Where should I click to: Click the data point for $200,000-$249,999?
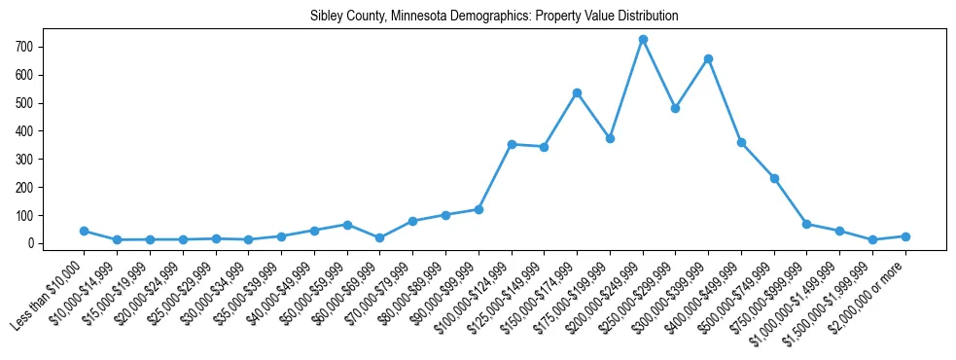pyautogui.click(x=643, y=40)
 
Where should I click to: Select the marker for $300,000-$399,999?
pyautogui.click(x=708, y=59)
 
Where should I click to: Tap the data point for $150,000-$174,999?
pyautogui.click(x=577, y=93)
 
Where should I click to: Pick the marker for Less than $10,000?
pyautogui.click(x=85, y=231)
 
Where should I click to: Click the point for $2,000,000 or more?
pyautogui.click(x=905, y=236)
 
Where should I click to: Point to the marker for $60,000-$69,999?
pyautogui.click(x=379, y=237)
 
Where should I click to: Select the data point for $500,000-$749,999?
pyautogui.click(x=774, y=178)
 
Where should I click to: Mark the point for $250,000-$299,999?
pyautogui.click(x=675, y=109)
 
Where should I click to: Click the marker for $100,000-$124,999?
pyautogui.click(x=512, y=144)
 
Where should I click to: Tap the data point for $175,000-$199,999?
pyautogui.click(x=610, y=138)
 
